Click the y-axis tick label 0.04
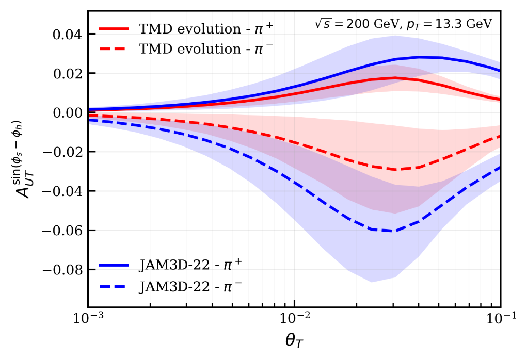coord(68,35)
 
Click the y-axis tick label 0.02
coord(68,74)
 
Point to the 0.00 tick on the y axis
coord(68,113)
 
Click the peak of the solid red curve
coord(395,77)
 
